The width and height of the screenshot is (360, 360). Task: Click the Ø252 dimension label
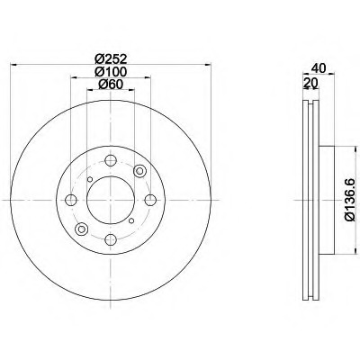click(x=111, y=58)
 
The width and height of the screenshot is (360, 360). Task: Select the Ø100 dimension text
click(x=111, y=72)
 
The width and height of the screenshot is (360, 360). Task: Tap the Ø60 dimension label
click(x=111, y=85)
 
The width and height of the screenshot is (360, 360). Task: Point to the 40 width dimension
click(x=319, y=68)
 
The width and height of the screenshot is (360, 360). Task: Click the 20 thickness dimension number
click(x=310, y=82)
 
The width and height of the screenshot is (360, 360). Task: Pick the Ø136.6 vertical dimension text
click(x=350, y=200)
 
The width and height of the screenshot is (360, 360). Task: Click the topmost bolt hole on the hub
click(x=111, y=160)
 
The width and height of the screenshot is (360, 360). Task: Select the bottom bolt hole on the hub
click(x=111, y=239)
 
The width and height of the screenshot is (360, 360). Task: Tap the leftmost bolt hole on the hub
click(x=71, y=200)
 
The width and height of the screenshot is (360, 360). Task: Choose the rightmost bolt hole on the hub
click(x=150, y=200)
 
